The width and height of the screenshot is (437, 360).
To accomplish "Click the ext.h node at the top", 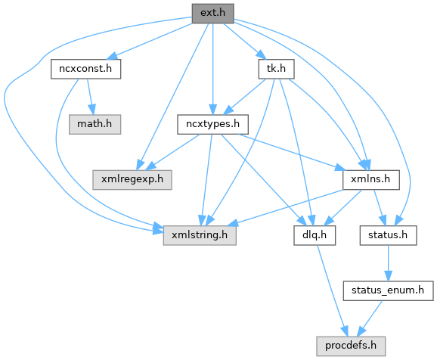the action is [213, 14].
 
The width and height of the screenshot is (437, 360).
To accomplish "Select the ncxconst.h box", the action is [86, 69].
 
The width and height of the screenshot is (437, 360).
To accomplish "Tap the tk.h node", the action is [276, 69].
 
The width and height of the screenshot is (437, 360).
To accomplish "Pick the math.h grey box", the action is [95, 124].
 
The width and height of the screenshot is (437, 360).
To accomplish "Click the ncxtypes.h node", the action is [213, 124].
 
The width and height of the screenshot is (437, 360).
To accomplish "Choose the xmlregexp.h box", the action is [132, 180].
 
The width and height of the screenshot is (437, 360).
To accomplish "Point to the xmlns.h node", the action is [371, 180].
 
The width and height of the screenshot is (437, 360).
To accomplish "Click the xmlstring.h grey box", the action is [200, 235].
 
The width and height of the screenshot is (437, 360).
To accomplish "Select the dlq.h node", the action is [315, 235].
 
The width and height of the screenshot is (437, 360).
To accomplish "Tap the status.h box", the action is [388, 235].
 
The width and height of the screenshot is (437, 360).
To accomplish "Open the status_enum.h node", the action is [388, 291].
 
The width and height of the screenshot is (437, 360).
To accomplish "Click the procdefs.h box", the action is [351, 346].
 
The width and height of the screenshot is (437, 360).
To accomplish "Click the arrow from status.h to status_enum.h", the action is [388, 263].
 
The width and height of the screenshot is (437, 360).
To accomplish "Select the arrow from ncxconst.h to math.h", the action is [90, 97].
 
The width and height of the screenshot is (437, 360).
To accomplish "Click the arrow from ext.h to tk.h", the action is [244, 41].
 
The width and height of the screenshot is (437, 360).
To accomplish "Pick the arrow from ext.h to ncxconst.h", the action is [150, 41].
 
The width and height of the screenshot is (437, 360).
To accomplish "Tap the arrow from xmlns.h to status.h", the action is [380, 208].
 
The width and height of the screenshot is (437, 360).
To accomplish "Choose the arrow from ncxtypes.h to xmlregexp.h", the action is [172, 152].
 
